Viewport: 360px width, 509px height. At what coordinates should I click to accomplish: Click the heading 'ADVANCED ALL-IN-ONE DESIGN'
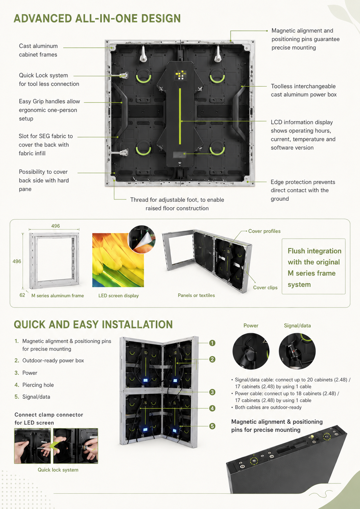tap(97, 18)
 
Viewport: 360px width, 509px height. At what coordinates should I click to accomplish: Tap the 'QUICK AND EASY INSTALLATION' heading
tap(93, 324)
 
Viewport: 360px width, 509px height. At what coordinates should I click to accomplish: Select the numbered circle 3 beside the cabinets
tap(212, 392)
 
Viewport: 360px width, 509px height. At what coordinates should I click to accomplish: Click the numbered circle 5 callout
tap(212, 426)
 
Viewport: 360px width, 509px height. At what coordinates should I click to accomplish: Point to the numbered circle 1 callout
tap(212, 343)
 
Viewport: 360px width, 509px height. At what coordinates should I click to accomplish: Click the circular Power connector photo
tap(251, 351)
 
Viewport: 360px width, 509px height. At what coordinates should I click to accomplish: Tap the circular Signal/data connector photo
tap(297, 351)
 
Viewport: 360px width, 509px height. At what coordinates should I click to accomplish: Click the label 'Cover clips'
tap(265, 287)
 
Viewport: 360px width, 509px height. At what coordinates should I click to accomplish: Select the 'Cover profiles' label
tap(264, 231)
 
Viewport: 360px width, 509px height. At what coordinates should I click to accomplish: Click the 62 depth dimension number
tap(22, 295)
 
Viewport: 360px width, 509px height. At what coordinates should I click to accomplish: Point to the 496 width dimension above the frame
tap(55, 226)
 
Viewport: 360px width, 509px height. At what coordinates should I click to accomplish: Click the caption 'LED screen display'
tap(118, 296)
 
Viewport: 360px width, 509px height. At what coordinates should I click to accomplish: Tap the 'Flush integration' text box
tap(314, 266)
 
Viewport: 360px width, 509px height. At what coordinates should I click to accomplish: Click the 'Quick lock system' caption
tap(58, 470)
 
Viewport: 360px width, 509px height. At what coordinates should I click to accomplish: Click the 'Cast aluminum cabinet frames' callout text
tap(38, 50)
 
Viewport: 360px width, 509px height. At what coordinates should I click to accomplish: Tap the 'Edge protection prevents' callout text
tap(303, 182)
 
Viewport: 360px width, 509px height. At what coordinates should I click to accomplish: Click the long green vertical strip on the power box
tap(180, 116)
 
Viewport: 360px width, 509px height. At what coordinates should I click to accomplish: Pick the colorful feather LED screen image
tap(118, 260)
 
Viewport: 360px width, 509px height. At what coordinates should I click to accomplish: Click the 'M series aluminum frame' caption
tap(57, 296)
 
